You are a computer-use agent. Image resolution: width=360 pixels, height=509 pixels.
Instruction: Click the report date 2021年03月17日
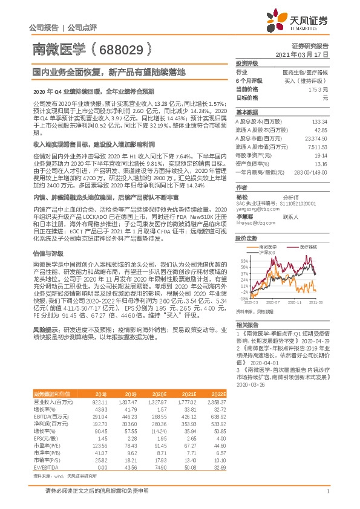(301, 54)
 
